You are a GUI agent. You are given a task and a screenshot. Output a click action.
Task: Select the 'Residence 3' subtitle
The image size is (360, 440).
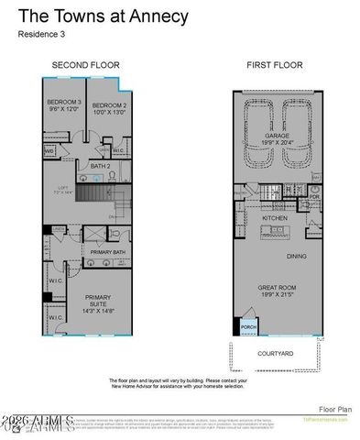(x=42, y=35)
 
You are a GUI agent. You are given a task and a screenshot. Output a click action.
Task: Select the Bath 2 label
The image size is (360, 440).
(x=101, y=165)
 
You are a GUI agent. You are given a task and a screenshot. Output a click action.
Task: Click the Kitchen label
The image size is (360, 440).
(x=275, y=219)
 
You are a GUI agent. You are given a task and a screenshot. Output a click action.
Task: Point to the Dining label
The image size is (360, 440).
(x=296, y=257)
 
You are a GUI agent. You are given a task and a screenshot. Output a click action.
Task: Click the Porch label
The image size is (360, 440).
(x=247, y=328)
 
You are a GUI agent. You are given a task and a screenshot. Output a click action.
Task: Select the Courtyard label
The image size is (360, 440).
(x=275, y=353)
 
